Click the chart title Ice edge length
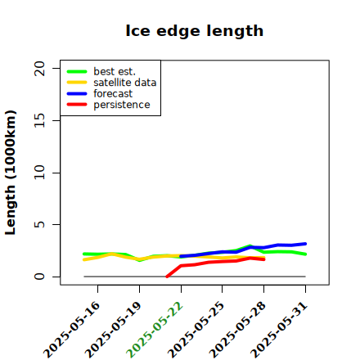(x=195, y=31)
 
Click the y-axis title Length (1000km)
(x=11, y=173)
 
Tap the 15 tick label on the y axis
(x=39, y=120)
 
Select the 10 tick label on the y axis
(x=39, y=173)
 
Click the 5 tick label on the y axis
(x=39, y=224)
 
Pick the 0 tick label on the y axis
(x=39, y=277)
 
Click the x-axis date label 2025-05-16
(x=71, y=330)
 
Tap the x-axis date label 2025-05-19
(x=113, y=330)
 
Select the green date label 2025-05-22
(x=155, y=330)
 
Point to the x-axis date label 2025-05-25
(x=196, y=330)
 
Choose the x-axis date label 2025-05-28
(x=237, y=330)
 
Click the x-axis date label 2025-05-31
(x=279, y=330)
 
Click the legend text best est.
(x=115, y=71)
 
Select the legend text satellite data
(x=125, y=83)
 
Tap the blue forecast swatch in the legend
(x=77, y=93)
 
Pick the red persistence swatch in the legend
(x=77, y=105)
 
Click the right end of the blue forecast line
(x=305, y=244)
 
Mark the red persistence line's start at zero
(x=167, y=277)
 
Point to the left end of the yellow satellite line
(x=84, y=259)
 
